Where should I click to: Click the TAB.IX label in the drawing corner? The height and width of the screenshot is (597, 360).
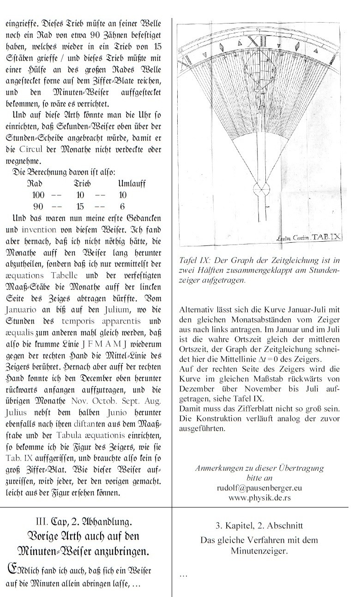[x=326, y=237]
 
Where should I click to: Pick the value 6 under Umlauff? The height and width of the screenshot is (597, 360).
[x=122, y=206]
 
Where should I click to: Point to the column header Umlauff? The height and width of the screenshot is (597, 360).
[x=132, y=184]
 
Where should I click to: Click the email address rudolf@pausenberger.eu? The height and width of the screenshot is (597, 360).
[x=259, y=489]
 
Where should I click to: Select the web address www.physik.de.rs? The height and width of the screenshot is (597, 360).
[x=259, y=498]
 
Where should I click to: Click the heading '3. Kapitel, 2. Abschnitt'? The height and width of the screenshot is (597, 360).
[x=259, y=525]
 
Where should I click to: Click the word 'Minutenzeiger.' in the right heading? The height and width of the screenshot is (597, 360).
[x=259, y=550]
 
